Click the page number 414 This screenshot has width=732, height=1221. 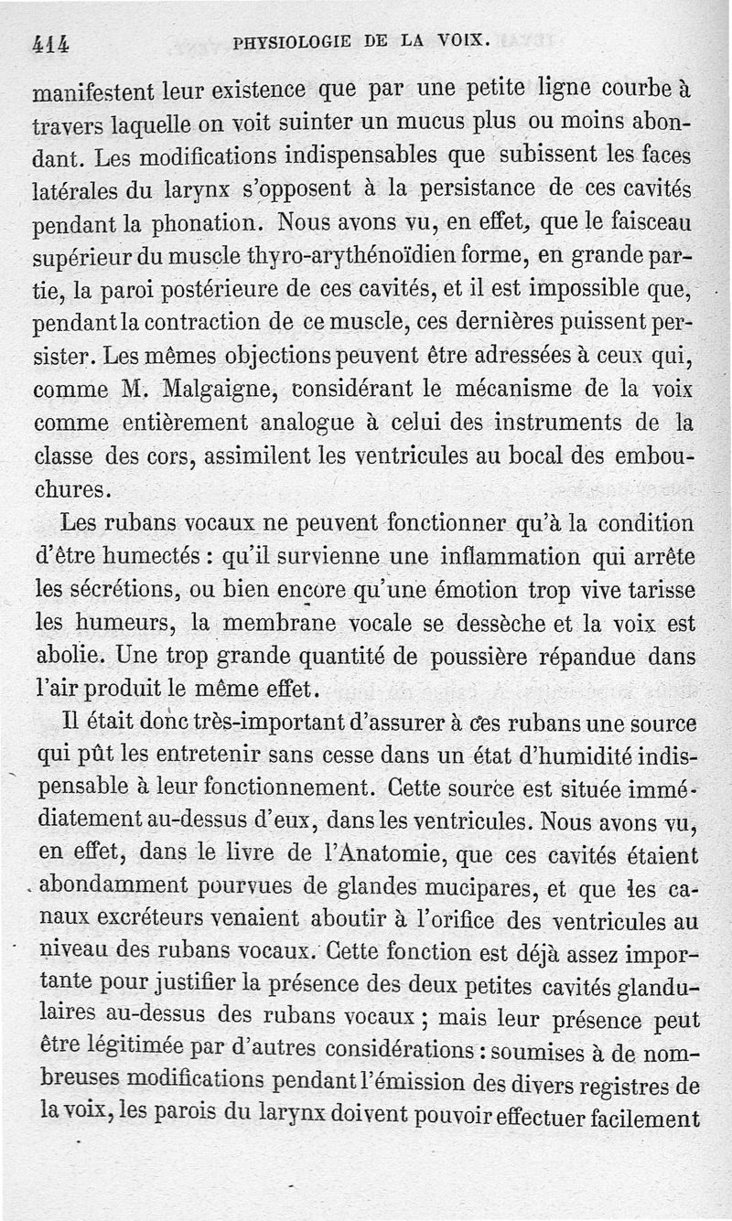point(51,42)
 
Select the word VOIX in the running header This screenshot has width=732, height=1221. point(464,40)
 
